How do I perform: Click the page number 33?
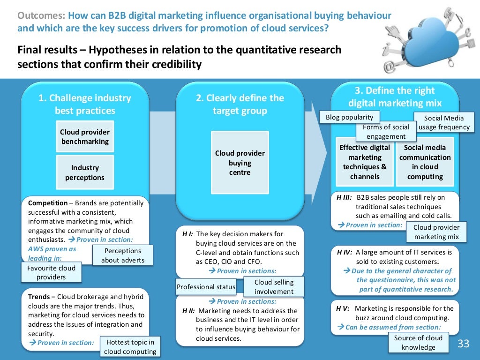pyautogui.click(x=463, y=344)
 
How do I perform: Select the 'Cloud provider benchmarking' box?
pyautogui.click(x=85, y=136)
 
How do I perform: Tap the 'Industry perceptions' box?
pyautogui.click(x=85, y=172)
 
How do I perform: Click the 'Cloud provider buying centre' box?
pyautogui.click(x=240, y=163)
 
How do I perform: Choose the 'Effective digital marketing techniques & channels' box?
pyautogui.click(x=365, y=162)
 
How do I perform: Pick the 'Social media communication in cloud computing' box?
pyautogui.click(x=425, y=162)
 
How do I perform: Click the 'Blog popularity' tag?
pyautogui.click(x=350, y=117)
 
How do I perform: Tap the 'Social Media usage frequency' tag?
pyautogui.click(x=443, y=123)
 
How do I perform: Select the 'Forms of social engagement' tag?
pyautogui.click(x=386, y=132)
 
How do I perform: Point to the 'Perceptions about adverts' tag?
pyautogui.click(x=123, y=255)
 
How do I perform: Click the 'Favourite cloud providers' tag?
pyautogui.click(x=51, y=272)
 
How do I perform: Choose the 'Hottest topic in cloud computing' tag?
pyautogui.click(x=130, y=347)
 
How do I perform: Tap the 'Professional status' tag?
pyautogui.click(x=206, y=286)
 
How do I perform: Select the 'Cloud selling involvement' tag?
pyautogui.click(x=274, y=287)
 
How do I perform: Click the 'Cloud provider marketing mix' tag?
pyautogui.click(x=436, y=232)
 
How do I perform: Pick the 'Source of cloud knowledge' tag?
pyautogui.click(x=418, y=343)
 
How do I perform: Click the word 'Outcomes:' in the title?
pyautogui.click(x=41, y=15)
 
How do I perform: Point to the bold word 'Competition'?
pyautogui.click(x=48, y=203)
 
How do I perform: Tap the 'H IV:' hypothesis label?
pyautogui.click(x=344, y=252)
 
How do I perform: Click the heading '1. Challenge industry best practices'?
pyautogui.click(x=85, y=104)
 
